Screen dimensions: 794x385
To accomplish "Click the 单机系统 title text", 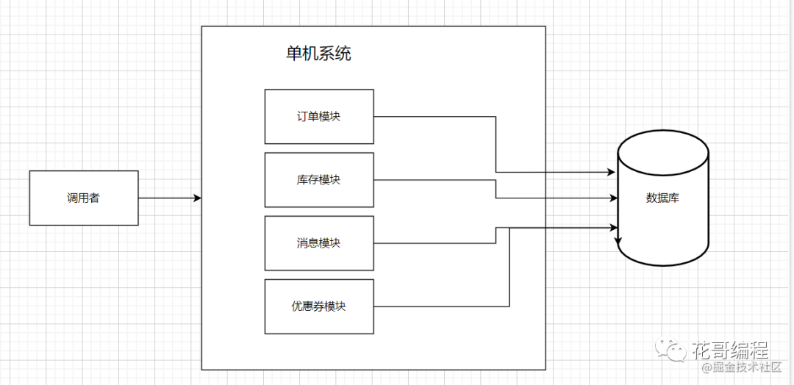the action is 318,54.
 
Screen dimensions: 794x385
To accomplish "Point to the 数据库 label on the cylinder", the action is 662,198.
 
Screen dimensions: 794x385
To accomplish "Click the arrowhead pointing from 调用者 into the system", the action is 198,198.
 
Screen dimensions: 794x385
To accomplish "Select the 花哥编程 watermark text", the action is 730,349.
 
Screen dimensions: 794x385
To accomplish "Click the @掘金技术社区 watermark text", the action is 742,368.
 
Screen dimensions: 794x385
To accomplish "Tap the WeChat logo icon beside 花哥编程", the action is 671,349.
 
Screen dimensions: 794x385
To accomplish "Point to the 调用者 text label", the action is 84,198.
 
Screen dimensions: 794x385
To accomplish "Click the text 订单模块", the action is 319,116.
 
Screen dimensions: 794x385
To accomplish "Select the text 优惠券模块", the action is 319,306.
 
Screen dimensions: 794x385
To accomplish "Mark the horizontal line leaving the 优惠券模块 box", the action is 441,306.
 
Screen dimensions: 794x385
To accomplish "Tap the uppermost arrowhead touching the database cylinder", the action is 611,173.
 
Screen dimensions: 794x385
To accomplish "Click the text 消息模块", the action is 319,243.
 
